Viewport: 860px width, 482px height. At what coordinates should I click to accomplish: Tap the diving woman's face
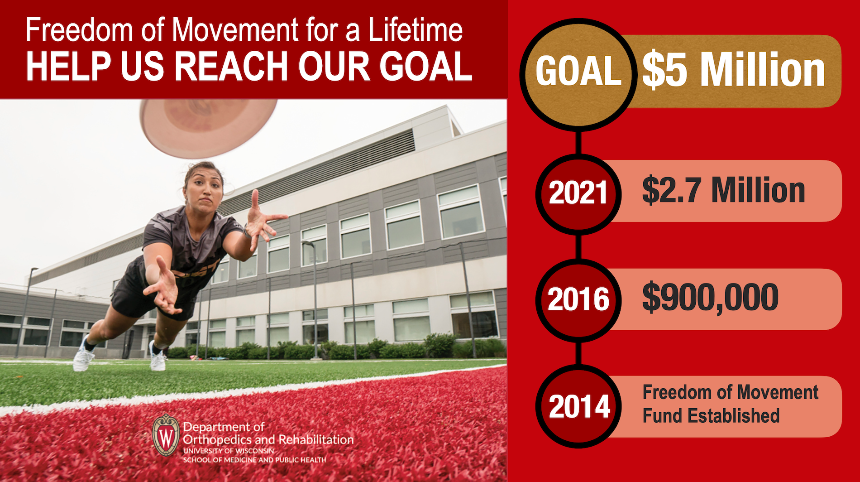(205, 190)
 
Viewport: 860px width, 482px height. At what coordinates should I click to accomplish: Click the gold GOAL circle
(578, 72)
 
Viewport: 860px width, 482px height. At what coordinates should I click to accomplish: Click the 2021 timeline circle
(578, 194)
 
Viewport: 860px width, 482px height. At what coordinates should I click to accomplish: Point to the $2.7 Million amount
(723, 190)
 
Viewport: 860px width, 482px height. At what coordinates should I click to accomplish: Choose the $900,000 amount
(710, 298)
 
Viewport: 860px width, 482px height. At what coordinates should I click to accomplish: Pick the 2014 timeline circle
(578, 406)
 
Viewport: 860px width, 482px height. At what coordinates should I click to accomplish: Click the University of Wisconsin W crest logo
(166, 435)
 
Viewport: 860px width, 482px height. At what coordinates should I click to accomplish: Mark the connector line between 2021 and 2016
(578, 247)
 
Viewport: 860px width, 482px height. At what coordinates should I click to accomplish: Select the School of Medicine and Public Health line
(254, 460)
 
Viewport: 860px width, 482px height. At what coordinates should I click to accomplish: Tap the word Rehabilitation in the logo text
(316, 439)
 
